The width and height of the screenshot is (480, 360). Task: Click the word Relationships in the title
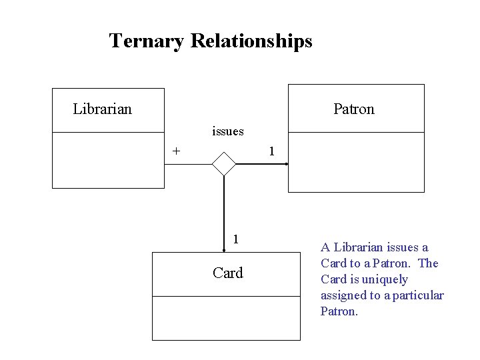tap(251, 41)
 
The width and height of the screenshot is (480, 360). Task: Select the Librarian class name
tap(102, 109)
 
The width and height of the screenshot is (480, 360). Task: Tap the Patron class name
tap(353, 109)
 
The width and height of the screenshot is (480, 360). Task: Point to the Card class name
tap(227, 273)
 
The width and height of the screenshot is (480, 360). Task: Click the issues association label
tap(227, 131)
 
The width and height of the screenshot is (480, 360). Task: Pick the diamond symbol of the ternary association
tap(223, 163)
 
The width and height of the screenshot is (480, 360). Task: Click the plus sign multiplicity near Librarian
tap(176, 151)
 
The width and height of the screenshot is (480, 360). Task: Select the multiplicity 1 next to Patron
tap(271, 151)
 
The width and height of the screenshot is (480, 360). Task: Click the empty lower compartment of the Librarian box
tap(108, 160)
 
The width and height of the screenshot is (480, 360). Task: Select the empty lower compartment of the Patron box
tap(355, 162)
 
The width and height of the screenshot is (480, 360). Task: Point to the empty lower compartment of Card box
tap(226, 318)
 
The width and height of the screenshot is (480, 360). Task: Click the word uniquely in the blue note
tap(385, 279)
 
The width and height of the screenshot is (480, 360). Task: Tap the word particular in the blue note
tap(418, 295)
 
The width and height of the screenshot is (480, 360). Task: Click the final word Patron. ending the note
tap(339, 311)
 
